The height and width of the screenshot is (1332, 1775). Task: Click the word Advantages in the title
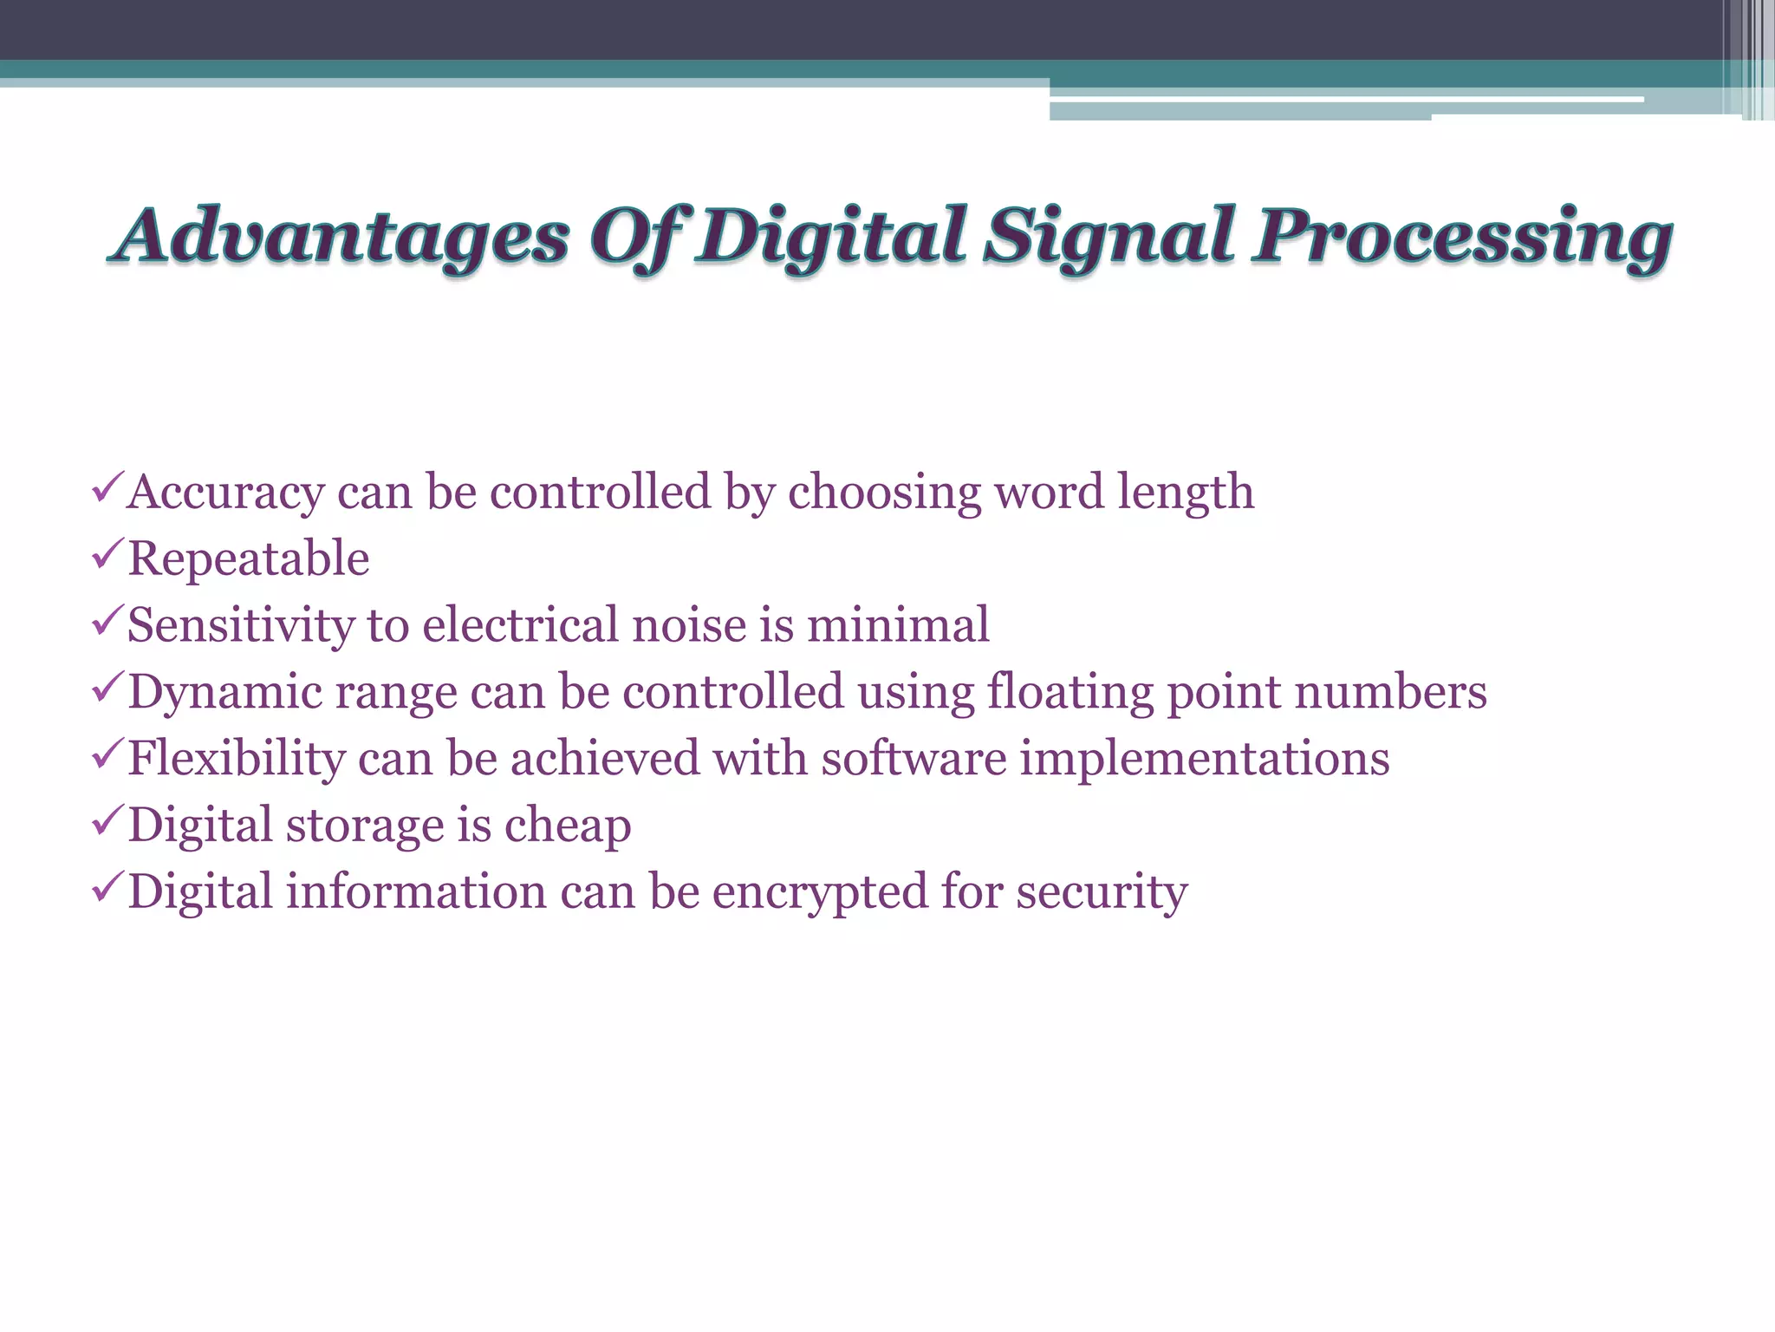[x=343, y=237]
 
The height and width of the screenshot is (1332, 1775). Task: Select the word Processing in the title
[x=1463, y=237]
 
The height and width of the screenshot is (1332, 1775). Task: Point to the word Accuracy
[x=225, y=493]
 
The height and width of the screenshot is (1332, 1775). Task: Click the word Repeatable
[x=249, y=558]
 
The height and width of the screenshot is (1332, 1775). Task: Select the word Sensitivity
[x=240, y=625]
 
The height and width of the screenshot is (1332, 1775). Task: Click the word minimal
[x=898, y=625]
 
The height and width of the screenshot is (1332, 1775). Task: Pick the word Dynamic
[x=225, y=692]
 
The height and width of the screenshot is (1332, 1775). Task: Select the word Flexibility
[x=237, y=759]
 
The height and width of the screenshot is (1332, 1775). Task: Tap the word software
[x=914, y=759]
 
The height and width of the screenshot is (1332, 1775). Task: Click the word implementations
[x=1205, y=759]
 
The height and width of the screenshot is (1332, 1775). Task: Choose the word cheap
[x=568, y=826]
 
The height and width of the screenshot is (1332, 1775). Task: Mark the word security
[x=1102, y=892]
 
